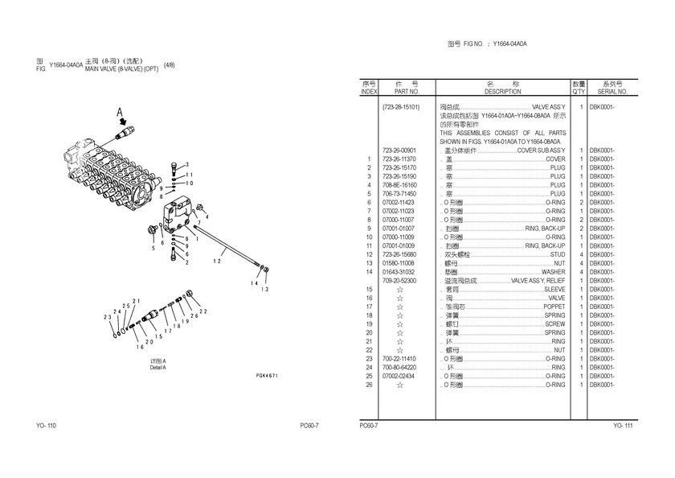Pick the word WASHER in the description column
[x=552, y=272]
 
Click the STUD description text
[x=558, y=254]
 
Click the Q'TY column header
[x=579, y=92]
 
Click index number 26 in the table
[x=369, y=385]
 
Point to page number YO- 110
[x=46, y=425]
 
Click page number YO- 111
[x=623, y=425]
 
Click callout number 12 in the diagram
[x=217, y=260]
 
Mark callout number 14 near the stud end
[x=255, y=282]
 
